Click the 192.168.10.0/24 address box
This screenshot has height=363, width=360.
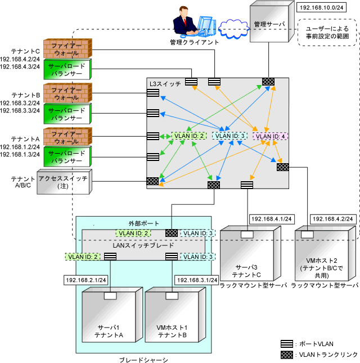tap(321, 7)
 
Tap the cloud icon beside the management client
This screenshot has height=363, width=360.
tap(233, 29)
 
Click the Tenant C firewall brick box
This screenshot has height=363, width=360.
tap(68, 48)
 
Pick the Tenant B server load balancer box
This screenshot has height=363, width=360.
tap(67, 114)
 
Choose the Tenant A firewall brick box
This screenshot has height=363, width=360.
tap(68, 137)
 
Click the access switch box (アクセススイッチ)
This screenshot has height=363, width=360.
tap(65, 182)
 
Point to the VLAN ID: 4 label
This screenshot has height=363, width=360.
tap(270, 136)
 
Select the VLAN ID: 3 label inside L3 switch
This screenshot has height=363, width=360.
tap(229, 136)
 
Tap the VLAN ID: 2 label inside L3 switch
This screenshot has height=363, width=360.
tap(189, 136)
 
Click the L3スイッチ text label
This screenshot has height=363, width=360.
tap(165, 84)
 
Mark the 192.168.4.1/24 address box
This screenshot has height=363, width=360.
tap(271, 219)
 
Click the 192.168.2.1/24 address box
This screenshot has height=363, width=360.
tap(86, 280)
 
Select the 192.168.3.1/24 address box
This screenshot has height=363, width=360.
tap(197, 280)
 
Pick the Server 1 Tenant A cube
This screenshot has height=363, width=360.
tap(112, 315)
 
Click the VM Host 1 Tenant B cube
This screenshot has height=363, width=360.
tap(175, 315)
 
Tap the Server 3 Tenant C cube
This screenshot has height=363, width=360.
tap(250, 253)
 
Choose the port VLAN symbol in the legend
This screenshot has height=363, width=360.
tap(287, 344)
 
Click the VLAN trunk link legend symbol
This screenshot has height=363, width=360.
tap(287, 355)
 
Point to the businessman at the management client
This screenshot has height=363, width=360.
tap(185, 22)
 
